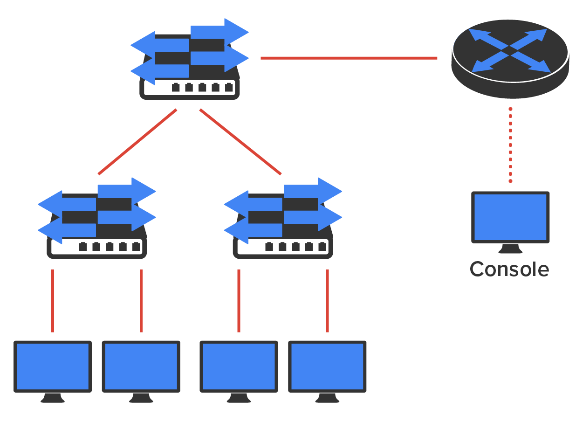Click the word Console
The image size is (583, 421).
point(509,269)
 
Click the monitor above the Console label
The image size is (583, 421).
point(510,217)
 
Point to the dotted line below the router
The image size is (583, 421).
point(510,145)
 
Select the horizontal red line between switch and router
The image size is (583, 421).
point(349,58)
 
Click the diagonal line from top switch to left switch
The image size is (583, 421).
point(137,142)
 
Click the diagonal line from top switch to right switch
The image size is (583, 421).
point(240,142)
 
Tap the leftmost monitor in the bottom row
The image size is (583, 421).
point(52,366)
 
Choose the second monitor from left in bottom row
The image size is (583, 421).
point(141,366)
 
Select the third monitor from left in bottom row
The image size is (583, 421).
point(239,366)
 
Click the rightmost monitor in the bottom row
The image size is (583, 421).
point(327,366)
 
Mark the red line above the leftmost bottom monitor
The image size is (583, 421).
point(53,301)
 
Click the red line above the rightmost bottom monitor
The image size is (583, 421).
point(327,301)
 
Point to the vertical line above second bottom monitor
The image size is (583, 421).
point(141,301)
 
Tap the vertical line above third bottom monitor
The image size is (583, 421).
point(239,301)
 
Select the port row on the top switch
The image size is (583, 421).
point(202,87)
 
